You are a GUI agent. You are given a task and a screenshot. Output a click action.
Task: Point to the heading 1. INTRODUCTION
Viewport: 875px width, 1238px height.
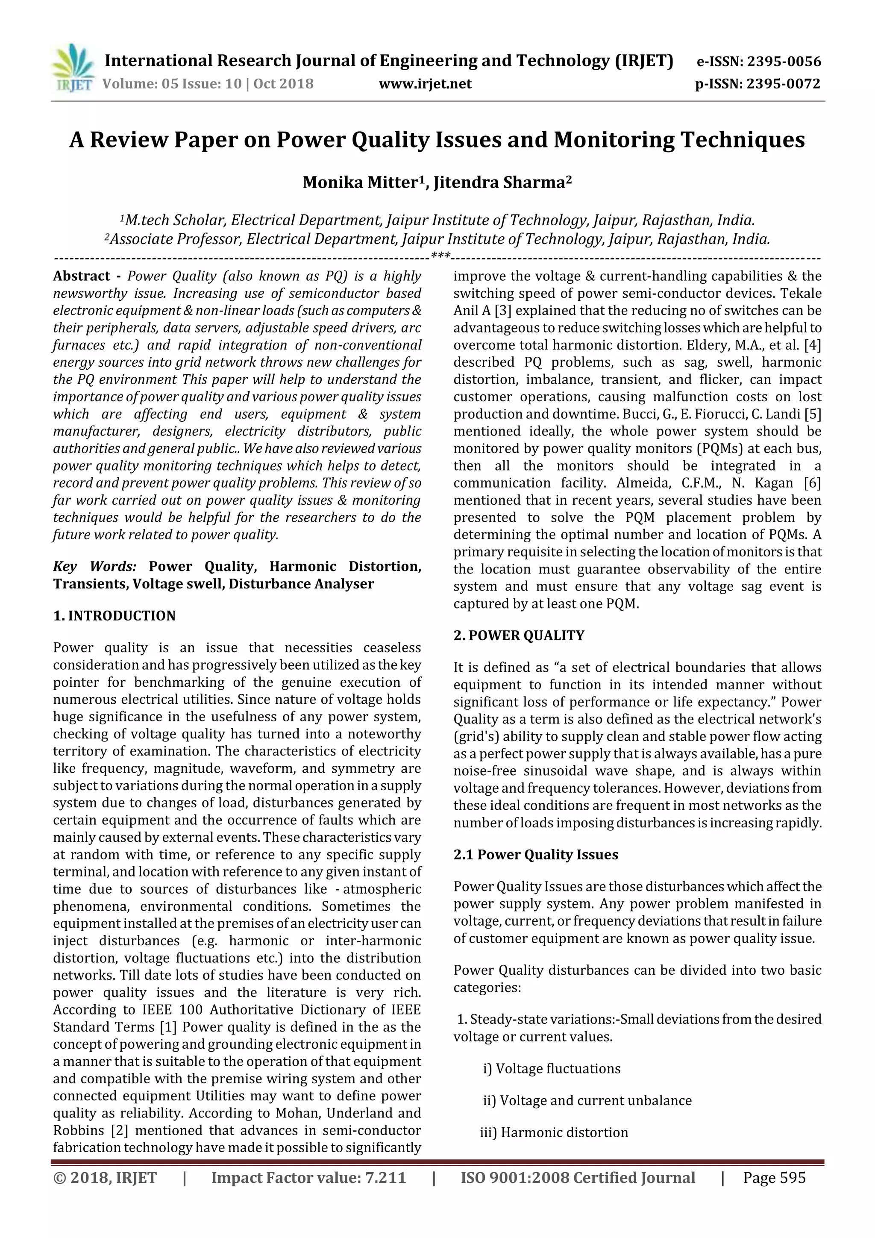[115, 616]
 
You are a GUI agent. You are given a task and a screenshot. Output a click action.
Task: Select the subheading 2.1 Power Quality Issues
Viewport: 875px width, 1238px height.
[535, 855]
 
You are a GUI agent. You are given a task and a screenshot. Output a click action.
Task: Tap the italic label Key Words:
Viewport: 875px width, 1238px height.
[95, 567]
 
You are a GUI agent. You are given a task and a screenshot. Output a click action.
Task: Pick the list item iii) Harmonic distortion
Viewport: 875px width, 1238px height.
[554, 1132]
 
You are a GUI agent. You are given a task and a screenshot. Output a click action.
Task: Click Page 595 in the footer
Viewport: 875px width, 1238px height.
[774, 1178]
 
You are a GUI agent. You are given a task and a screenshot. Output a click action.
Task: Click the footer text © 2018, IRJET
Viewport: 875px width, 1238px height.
[105, 1178]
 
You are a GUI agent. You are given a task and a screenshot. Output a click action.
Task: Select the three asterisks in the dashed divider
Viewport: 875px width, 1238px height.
[440, 256]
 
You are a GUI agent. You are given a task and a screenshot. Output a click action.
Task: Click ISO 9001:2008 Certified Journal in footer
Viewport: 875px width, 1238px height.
[577, 1178]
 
